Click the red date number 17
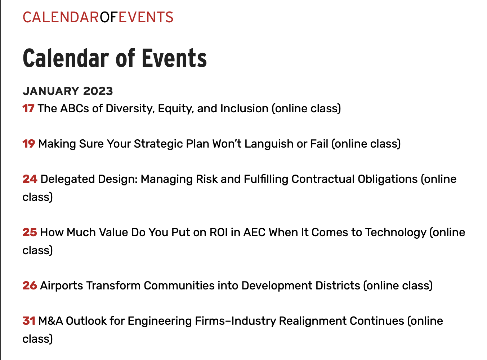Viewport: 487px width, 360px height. coord(28,108)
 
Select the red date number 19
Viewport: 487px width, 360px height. coord(29,144)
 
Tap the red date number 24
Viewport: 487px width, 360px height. coord(30,179)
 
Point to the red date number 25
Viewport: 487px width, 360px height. coord(30,232)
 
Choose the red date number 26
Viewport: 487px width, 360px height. coord(30,285)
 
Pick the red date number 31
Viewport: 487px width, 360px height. coord(29,321)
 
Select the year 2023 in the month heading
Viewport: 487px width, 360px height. coord(98,91)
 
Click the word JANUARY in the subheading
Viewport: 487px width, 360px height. coord(51,91)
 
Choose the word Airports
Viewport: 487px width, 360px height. coord(62,285)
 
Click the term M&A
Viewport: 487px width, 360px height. coord(50,321)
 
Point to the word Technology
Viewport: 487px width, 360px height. coord(396,232)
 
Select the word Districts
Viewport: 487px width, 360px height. coord(338,285)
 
